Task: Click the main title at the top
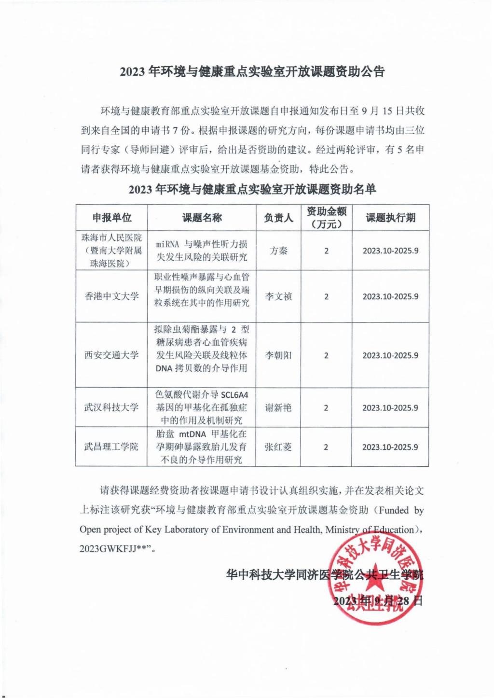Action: [x=252, y=72]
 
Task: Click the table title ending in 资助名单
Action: [x=252, y=189]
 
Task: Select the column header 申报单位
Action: [x=112, y=218]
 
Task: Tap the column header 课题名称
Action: [x=202, y=218]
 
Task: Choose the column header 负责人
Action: [x=278, y=218]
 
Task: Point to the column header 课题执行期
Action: [x=390, y=218]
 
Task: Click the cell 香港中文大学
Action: [x=112, y=296]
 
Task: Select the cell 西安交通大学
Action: [x=112, y=355]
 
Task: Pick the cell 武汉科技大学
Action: [x=112, y=407]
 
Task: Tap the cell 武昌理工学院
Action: [x=112, y=447]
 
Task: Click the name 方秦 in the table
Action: [x=278, y=251]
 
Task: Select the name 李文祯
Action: [x=278, y=296]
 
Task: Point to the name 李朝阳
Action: [x=278, y=355]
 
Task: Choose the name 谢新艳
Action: [x=278, y=407]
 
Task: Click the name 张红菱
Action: [x=278, y=447]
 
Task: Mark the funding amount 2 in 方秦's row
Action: [x=326, y=251]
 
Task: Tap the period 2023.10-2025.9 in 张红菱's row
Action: [x=390, y=447]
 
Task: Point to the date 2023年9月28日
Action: [x=378, y=601]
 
